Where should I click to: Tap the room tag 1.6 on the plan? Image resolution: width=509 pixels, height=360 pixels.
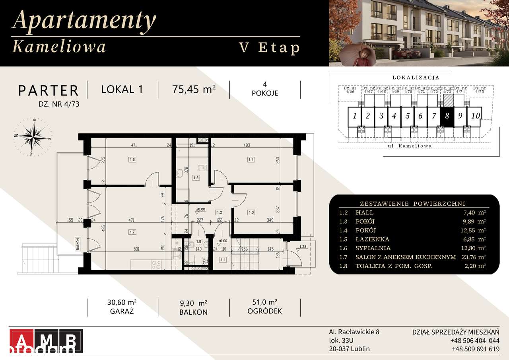click(x=132, y=160)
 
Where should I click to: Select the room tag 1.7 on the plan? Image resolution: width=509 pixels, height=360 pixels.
click(x=132, y=231)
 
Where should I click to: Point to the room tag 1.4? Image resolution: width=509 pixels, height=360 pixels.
click(x=251, y=160)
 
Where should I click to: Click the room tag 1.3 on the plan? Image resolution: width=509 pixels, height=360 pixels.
click(x=251, y=212)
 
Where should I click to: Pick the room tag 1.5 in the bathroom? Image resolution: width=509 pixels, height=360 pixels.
click(x=196, y=178)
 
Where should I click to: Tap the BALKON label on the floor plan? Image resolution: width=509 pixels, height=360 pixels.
click(x=78, y=243)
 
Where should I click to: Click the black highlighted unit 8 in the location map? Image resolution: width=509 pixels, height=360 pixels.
click(x=447, y=117)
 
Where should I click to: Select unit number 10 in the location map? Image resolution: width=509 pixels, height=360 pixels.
click(x=475, y=116)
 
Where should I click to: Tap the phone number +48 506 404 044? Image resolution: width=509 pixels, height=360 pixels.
click(x=475, y=341)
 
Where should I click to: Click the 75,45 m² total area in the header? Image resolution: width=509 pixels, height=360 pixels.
click(x=194, y=90)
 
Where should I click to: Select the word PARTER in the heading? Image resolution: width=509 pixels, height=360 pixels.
click(x=49, y=91)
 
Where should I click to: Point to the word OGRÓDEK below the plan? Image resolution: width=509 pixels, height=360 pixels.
click(x=265, y=311)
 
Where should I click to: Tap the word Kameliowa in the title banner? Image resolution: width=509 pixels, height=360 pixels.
click(x=60, y=47)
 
